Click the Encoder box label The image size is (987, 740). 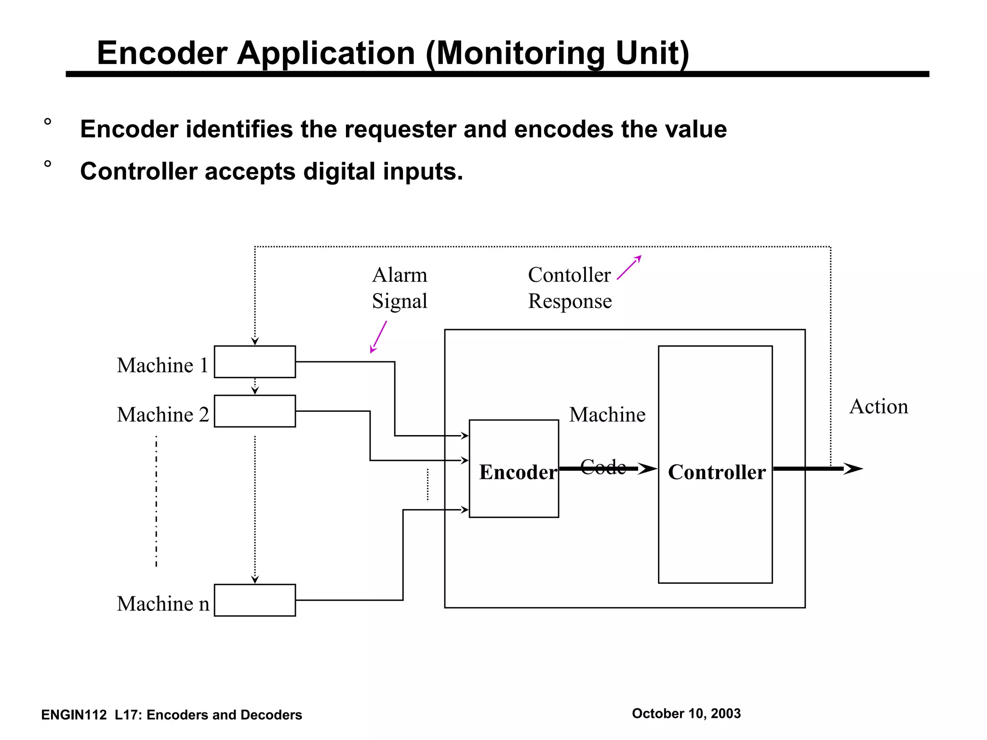click(518, 472)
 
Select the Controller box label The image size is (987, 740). click(716, 472)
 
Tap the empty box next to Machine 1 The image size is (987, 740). click(254, 361)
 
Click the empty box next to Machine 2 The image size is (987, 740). click(254, 411)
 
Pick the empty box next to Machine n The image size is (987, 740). click(254, 600)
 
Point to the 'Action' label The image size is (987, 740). click(878, 407)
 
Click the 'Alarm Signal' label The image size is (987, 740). click(400, 288)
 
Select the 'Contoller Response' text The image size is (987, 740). click(570, 288)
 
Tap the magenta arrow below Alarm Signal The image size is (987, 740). click(378, 337)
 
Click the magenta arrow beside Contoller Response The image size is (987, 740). click(629, 267)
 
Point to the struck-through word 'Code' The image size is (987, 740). click(602, 467)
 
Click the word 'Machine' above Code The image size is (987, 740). click(607, 415)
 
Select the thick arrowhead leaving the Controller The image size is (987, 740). click(853, 469)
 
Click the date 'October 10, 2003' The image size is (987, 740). click(686, 714)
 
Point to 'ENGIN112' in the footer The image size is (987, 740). click(74, 715)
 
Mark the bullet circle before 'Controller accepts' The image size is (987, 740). click(47, 164)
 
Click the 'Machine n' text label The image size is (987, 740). click(163, 604)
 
